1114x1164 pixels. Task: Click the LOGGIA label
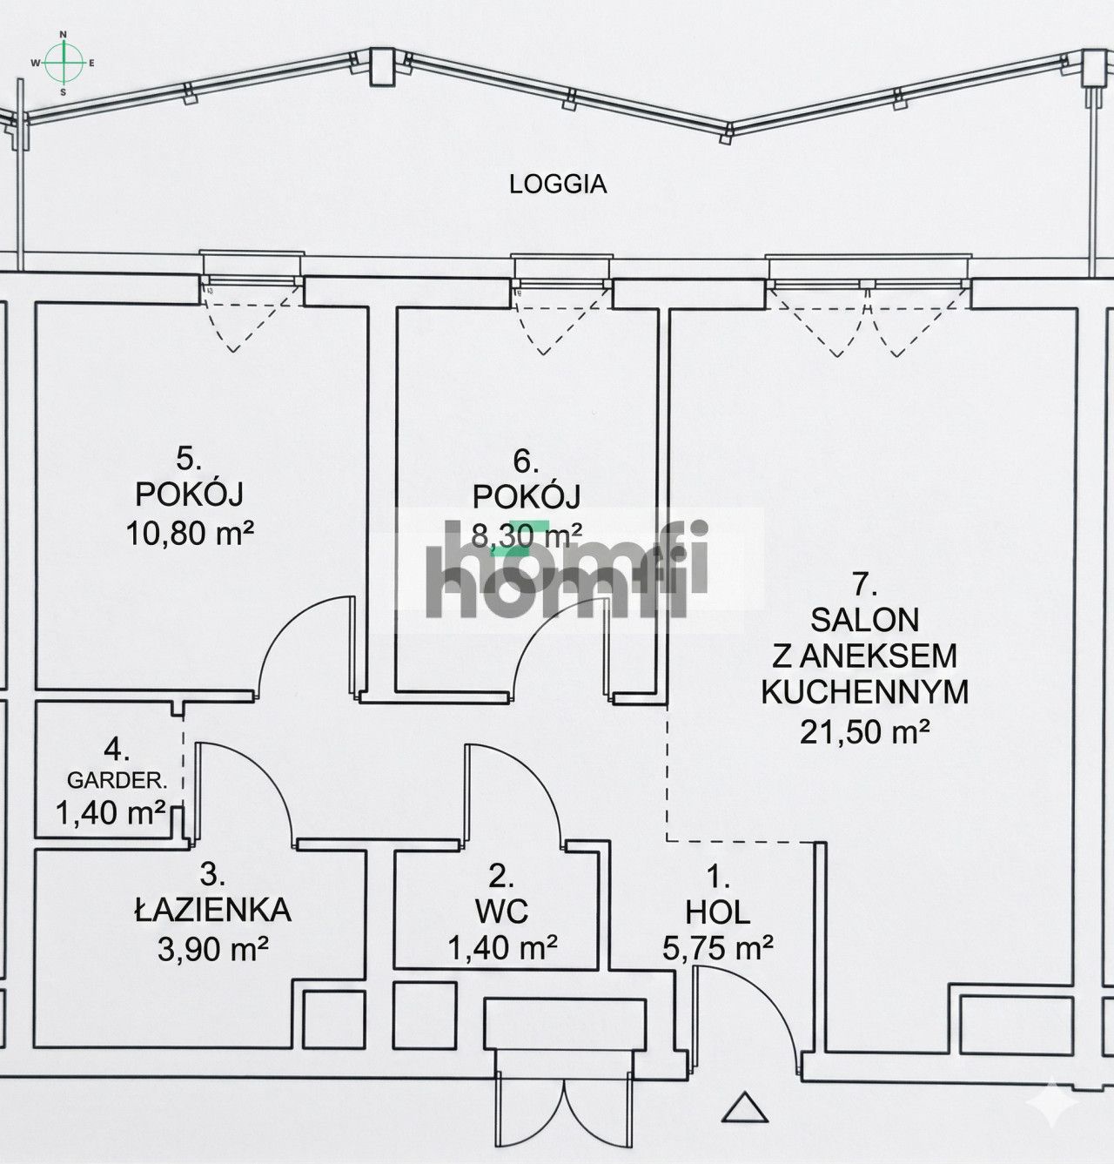click(558, 185)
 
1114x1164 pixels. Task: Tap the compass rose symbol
click(64, 63)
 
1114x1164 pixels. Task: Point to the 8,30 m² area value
click(527, 535)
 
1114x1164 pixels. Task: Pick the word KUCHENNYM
click(864, 692)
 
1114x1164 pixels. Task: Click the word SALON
click(864, 620)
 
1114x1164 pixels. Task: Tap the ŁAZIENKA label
click(213, 910)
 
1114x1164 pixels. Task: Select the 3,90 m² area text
click(213, 948)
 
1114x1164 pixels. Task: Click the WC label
click(501, 912)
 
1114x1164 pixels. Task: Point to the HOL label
click(717, 912)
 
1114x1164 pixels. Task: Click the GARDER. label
click(117, 780)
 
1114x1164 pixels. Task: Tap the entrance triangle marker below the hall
click(745, 1107)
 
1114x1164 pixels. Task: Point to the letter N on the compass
click(64, 34)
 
